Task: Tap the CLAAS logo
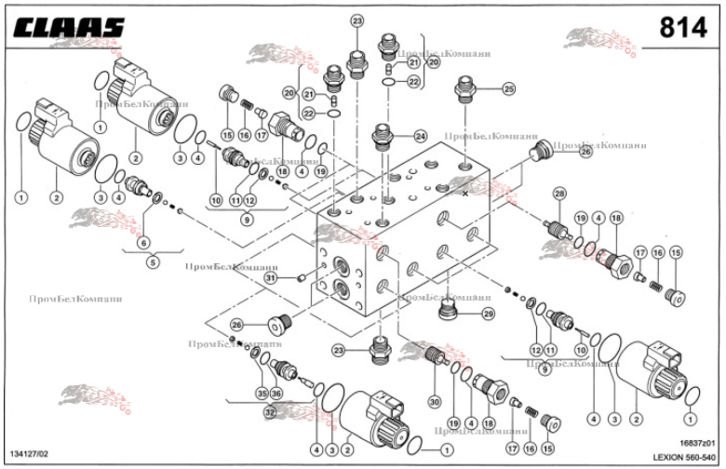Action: pos(69,29)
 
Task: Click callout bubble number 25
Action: pos(508,89)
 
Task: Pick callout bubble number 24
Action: pos(420,135)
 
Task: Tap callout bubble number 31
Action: pos(271,277)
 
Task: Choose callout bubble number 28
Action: pos(559,194)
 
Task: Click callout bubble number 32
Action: pos(270,410)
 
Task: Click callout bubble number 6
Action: pos(142,243)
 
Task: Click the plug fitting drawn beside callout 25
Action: pos(468,94)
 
